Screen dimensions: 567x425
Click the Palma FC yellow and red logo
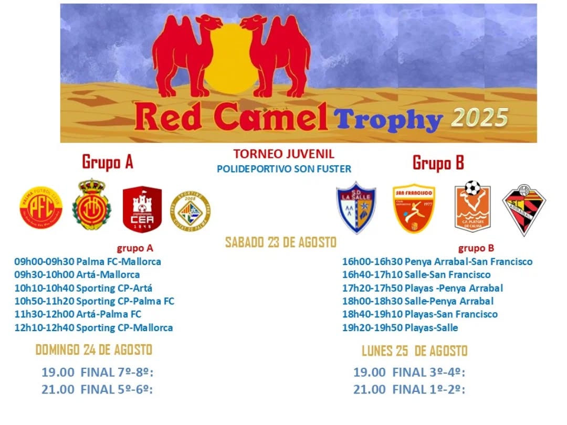click(x=41, y=207)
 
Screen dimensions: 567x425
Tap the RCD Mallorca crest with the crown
click(x=91, y=205)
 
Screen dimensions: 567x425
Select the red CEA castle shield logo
click(x=142, y=209)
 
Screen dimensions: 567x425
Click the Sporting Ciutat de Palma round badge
click(x=190, y=211)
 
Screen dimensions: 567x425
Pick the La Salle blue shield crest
click(x=356, y=207)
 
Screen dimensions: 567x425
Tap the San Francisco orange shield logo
click(x=414, y=208)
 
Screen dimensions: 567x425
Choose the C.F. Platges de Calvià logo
click(x=472, y=206)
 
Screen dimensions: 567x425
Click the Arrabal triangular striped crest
click(x=524, y=210)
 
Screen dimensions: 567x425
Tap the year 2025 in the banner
click(x=479, y=118)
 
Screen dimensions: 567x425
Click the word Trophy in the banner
click(x=388, y=119)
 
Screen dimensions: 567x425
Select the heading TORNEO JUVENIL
click(x=284, y=154)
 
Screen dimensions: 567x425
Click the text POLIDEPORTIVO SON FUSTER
click(x=284, y=169)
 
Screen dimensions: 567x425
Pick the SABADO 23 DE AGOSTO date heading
click(x=280, y=242)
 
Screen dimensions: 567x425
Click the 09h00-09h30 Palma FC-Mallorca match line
click(x=88, y=262)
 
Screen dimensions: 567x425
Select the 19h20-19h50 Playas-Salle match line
click(x=400, y=328)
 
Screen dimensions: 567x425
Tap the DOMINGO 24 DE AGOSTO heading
click(x=93, y=350)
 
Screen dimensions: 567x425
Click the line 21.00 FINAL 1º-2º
click(x=409, y=389)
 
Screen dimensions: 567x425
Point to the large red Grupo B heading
click(x=438, y=163)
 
